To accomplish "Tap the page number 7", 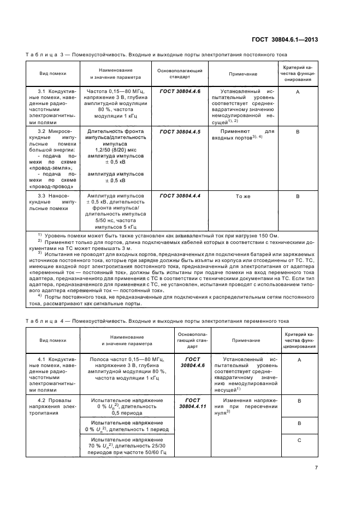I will pyautogui.click(x=316, y=467).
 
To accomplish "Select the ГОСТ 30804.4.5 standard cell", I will pyautogui.click(x=180, y=132).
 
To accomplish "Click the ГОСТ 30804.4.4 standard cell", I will pyautogui.click(x=180, y=196).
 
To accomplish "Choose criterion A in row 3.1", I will pyautogui.click(x=298, y=92).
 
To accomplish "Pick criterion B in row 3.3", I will pyautogui.click(x=298, y=196).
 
